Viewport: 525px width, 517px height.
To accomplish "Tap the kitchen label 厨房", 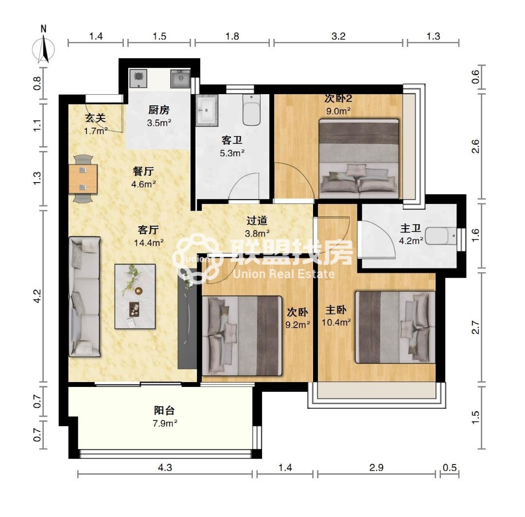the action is (x=159, y=110).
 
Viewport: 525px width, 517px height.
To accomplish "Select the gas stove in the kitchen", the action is (x=138, y=77).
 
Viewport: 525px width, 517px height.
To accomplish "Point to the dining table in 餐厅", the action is (x=83, y=179).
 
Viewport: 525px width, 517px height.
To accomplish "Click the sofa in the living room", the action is (x=85, y=297).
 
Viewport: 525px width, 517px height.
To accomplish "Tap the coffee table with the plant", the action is (x=135, y=296).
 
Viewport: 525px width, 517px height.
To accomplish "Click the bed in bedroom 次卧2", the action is (x=359, y=159).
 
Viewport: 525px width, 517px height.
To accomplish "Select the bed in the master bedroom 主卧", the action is (x=395, y=327).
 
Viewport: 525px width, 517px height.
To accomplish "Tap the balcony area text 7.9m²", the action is (x=165, y=423).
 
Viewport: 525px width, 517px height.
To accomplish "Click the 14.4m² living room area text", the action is (x=149, y=242).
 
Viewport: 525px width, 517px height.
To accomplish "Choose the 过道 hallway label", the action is (x=257, y=220).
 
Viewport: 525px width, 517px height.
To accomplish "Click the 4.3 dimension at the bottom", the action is (x=165, y=467).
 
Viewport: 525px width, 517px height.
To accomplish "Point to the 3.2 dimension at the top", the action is (x=338, y=36).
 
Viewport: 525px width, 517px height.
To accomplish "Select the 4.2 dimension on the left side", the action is (x=37, y=296).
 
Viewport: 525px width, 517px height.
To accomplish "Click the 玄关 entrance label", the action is (x=95, y=117).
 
